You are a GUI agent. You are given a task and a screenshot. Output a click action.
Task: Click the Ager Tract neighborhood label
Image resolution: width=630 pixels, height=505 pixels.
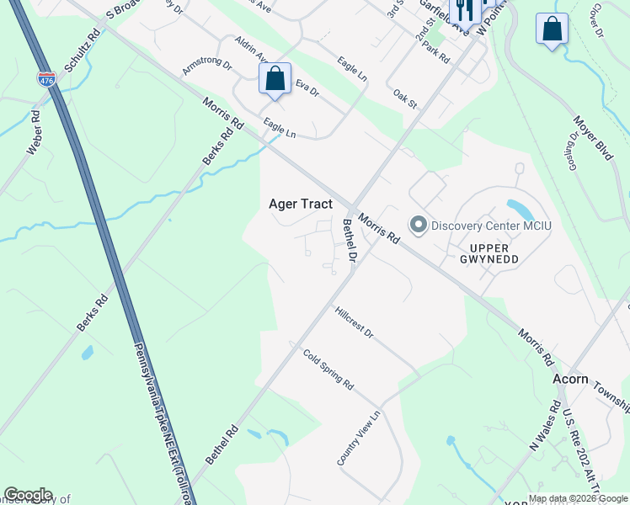tap(300, 204)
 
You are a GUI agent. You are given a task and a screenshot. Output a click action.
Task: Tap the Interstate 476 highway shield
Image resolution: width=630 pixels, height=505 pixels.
tap(47, 80)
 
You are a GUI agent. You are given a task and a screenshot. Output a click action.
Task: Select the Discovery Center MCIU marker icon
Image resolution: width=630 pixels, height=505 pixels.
tap(418, 225)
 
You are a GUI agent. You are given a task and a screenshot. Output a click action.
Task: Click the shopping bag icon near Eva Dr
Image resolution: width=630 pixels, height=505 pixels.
tap(275, 79)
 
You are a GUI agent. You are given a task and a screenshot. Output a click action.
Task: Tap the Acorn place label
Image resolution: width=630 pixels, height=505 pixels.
tap(570, 380)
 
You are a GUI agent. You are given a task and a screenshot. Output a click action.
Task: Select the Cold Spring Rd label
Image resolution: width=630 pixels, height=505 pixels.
tap(328, 369)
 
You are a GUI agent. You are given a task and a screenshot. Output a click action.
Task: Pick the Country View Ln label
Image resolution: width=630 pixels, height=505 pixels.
tap(359, 439)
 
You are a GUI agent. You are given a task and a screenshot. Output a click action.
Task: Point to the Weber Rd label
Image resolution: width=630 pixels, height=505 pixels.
tap(35, 133)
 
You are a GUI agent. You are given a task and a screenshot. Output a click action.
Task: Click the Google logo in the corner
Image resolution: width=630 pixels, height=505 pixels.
tap(28, 495)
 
